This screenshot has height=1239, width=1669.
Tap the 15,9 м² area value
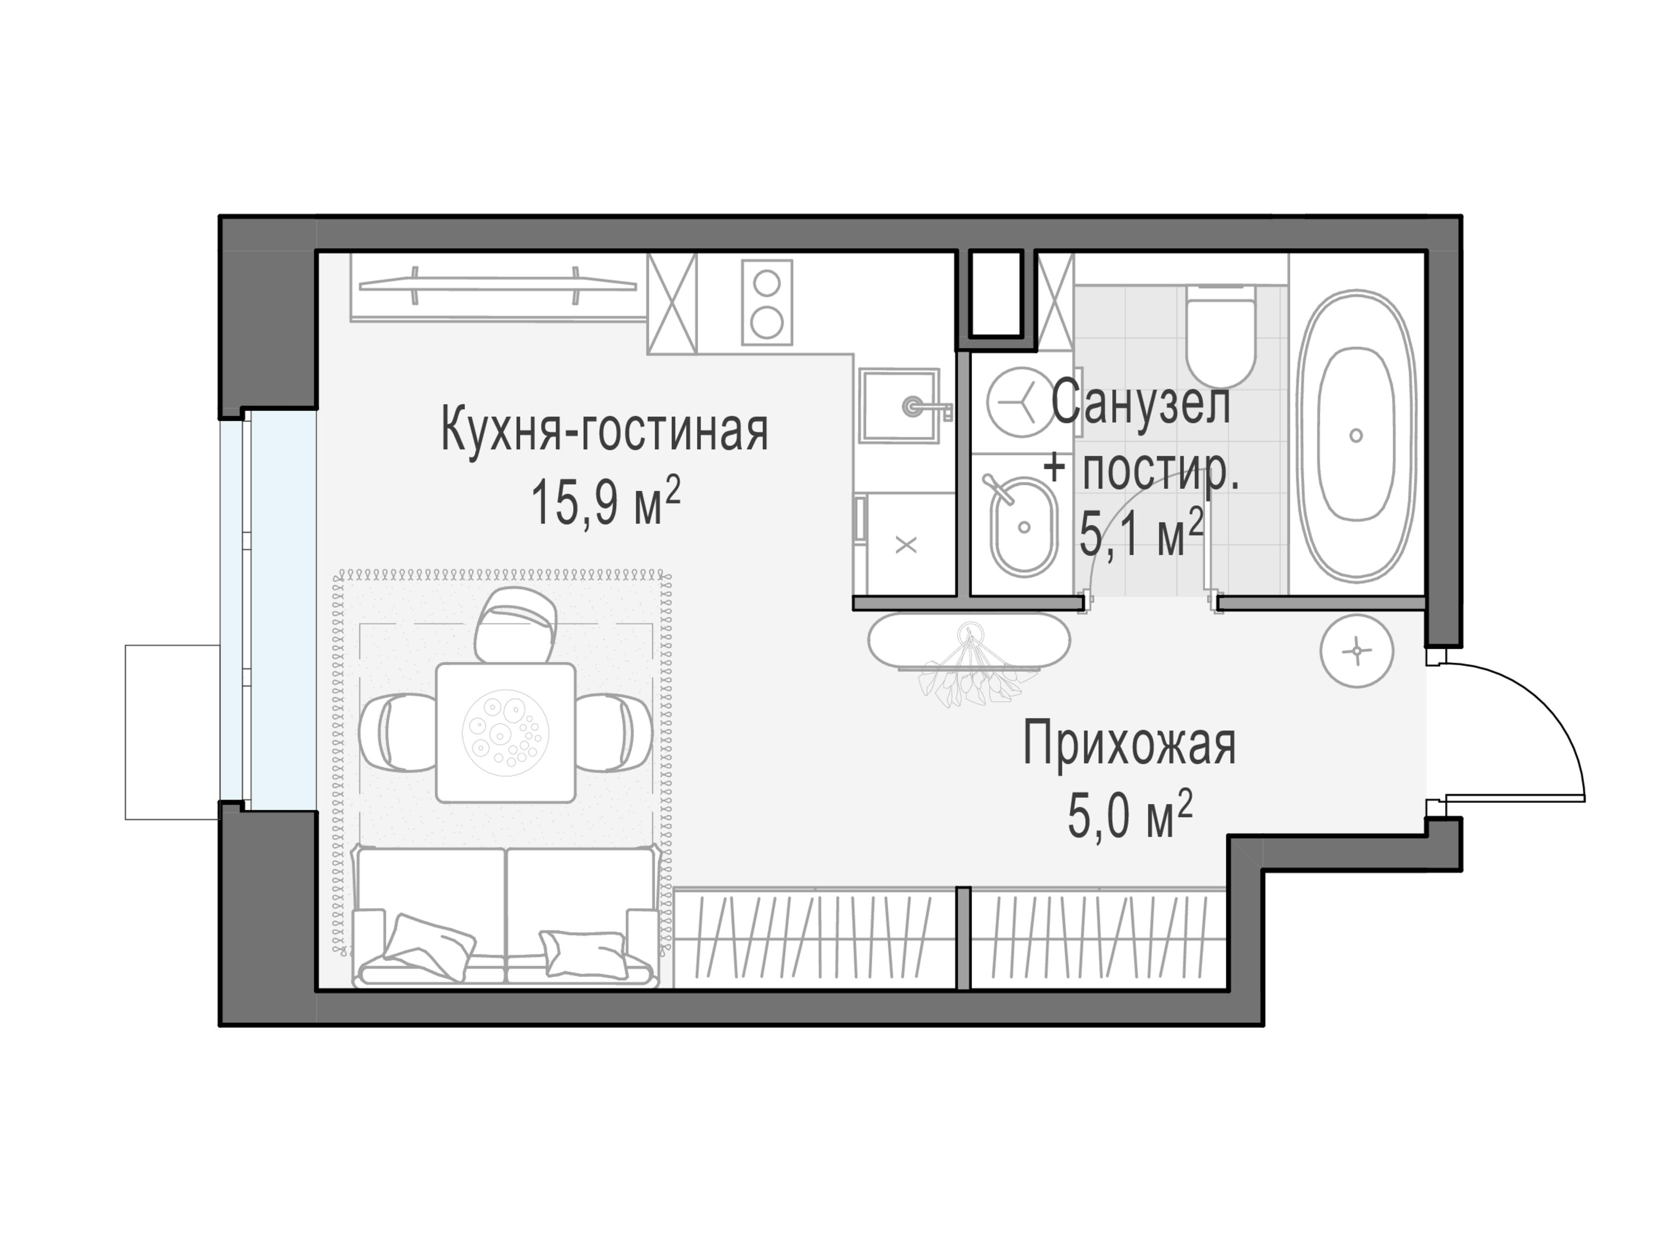pyautogui.click(x=605, y=503)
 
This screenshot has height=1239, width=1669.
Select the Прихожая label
pyautogui.click(x=1129, y=745)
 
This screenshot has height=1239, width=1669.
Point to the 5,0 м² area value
pyautogui.click(x=1129, y=816)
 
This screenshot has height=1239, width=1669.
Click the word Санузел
pyautogui.click(x=1140, y=403)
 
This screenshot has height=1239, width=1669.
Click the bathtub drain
pyautogui.click(x=1355, y=435)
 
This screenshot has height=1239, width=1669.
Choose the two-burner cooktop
pyautogui.click(x=767, y=302)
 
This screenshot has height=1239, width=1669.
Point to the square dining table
pyautogui.click(x=506, y=732)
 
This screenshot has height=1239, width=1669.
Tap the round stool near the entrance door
pyautogui.click(x=1356, y=651)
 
